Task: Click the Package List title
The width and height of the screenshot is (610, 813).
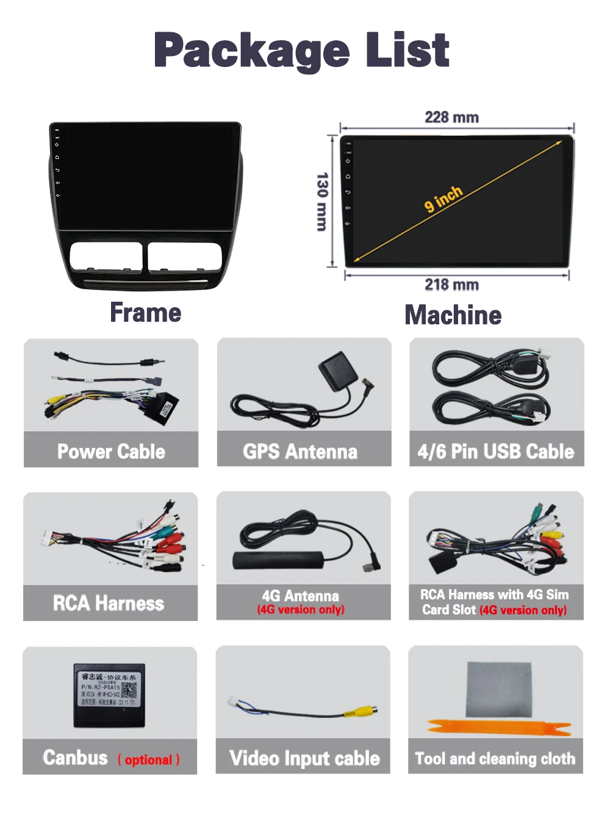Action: click(302, 51)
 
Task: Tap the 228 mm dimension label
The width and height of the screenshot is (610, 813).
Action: click(451, 117)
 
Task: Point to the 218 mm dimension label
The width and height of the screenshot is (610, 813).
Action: click(451, 285)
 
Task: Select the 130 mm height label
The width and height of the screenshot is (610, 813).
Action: click(322, 201)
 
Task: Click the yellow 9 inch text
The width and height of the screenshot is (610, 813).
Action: click(443, 199)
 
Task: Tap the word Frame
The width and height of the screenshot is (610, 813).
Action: click(146, 313)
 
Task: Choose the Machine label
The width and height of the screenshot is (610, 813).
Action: click(453, 315)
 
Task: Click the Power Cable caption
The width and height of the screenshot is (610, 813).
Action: click(111, 452)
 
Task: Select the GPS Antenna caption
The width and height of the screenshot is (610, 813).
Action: click(300, 452)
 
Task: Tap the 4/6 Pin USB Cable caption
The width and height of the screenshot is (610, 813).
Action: click(496, 452)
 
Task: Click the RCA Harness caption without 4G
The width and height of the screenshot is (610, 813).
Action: click(109, 603)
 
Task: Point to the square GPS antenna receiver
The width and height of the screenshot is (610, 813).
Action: click(337, 371)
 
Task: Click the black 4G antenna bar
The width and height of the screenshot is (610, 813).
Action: click(278, 559)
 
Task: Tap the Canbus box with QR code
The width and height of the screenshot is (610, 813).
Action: click(109, 695)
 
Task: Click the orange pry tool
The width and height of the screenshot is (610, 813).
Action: click(500, 728)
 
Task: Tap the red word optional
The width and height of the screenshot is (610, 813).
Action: click(148, 760)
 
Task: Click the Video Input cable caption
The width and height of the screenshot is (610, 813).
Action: click(304, 758)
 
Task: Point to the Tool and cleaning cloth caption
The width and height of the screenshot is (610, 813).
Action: click(495, 759)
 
